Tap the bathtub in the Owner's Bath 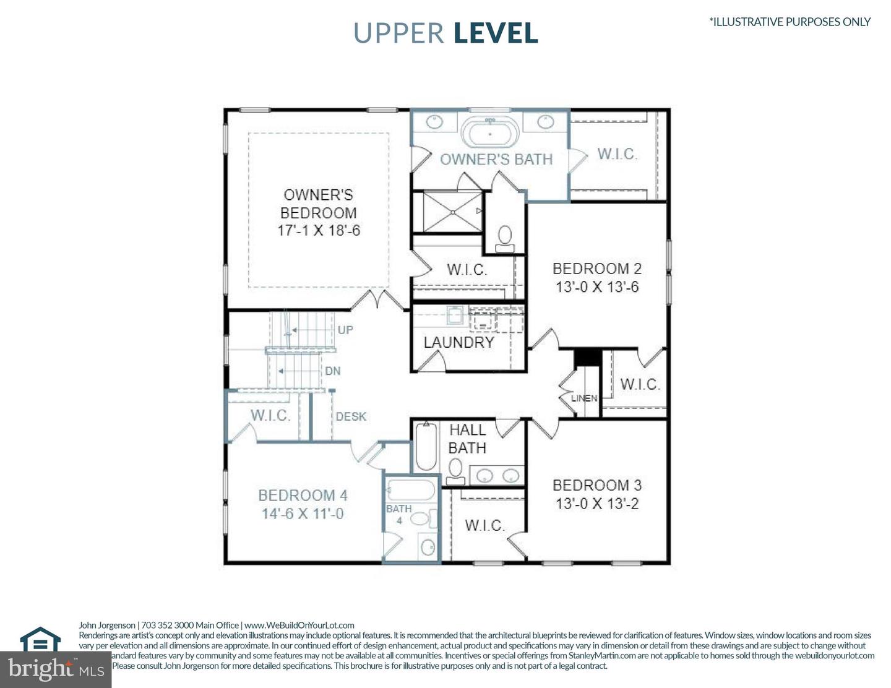click(x=491, y=132)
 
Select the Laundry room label click(x=458, y=342)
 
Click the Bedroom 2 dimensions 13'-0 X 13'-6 click(x=597, y=287)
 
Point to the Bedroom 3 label click(x=597, y=485)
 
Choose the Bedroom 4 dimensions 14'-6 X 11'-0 click(x=303, y=514)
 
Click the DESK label click(x=351, y=416)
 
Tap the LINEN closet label click(x=584, y=398)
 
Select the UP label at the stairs click(x=345, y=330)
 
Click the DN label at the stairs click(x=333, y=371)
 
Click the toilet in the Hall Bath click(x=456, y=470)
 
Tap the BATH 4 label click(x=399, y=514)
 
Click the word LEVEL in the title click(x=496, y=33)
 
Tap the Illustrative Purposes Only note click(x=790, y=22)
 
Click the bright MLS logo click(x=56, y=669)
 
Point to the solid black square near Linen click(x=587, y=358)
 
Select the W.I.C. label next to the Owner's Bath click(x=617, y=153)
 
